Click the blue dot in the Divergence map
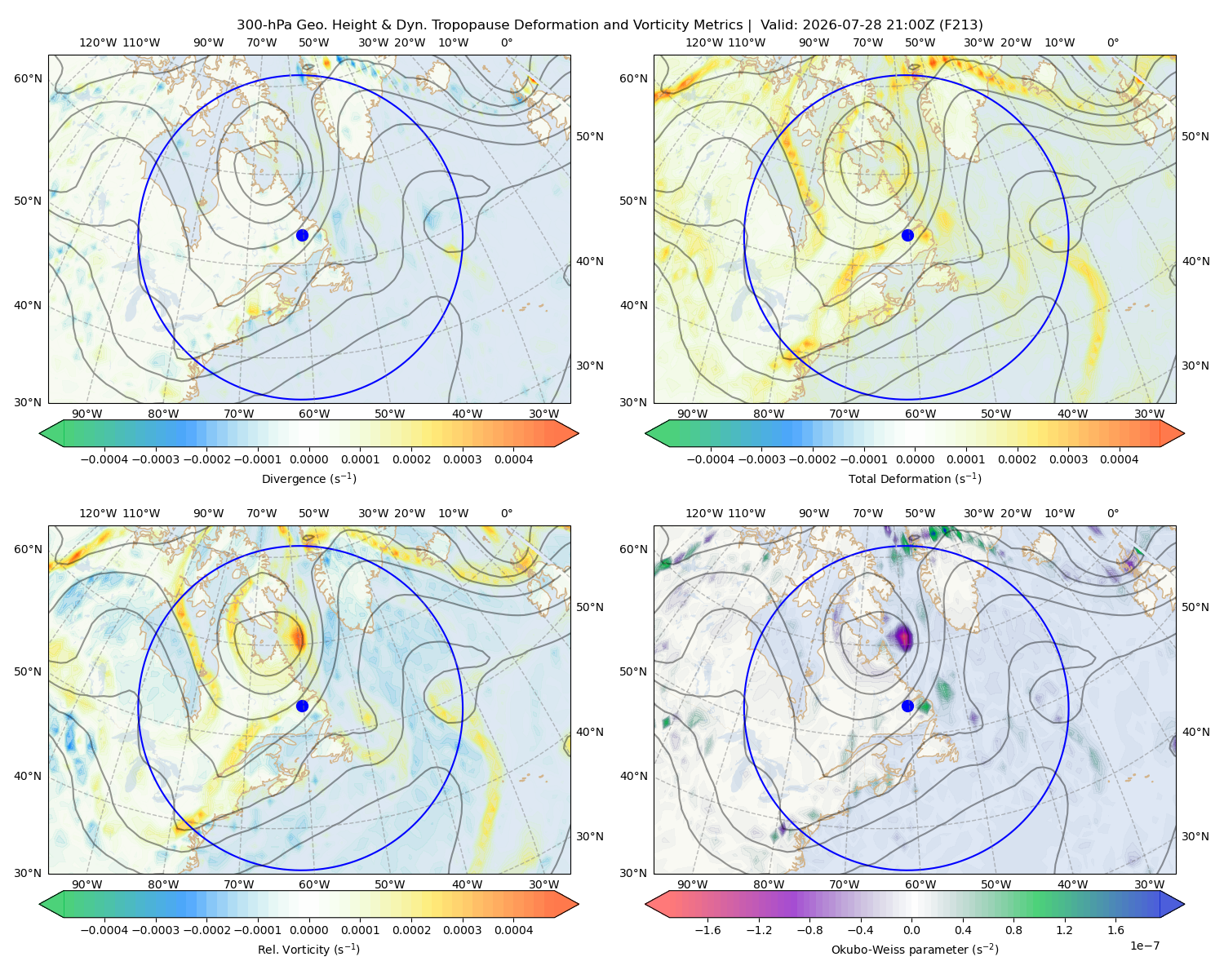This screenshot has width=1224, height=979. (x=302, y=235)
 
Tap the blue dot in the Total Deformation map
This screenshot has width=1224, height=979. (x=907, y=235)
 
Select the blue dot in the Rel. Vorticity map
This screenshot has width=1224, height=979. (x=302, y=706)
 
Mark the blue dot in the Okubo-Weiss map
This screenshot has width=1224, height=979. (x=907, y=706)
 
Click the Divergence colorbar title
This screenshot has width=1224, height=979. (x=308, y=479)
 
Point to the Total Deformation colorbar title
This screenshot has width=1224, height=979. (x=915, y=479)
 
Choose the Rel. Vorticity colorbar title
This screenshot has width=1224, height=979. (x=308, y=950)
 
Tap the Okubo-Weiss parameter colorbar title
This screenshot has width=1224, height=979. (x=915, y=950)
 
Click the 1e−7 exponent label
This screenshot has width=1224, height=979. (x=1144, y=946)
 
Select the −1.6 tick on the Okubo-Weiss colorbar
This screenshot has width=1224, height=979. (x=707, y=930)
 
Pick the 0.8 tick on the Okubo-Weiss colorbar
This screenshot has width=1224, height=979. (x=1013, y=930)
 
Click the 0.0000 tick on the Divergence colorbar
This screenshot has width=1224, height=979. (x=308, y=459)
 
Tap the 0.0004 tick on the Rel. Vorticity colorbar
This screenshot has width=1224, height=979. (x=513, y=930)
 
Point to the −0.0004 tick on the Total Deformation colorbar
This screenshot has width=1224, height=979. (x=711, y=459)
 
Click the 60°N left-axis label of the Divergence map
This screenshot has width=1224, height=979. (x=28, y=78)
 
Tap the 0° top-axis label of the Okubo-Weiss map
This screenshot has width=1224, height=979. (x=1112, y=513)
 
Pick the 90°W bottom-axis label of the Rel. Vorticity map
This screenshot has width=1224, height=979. (x=87, y=884)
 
